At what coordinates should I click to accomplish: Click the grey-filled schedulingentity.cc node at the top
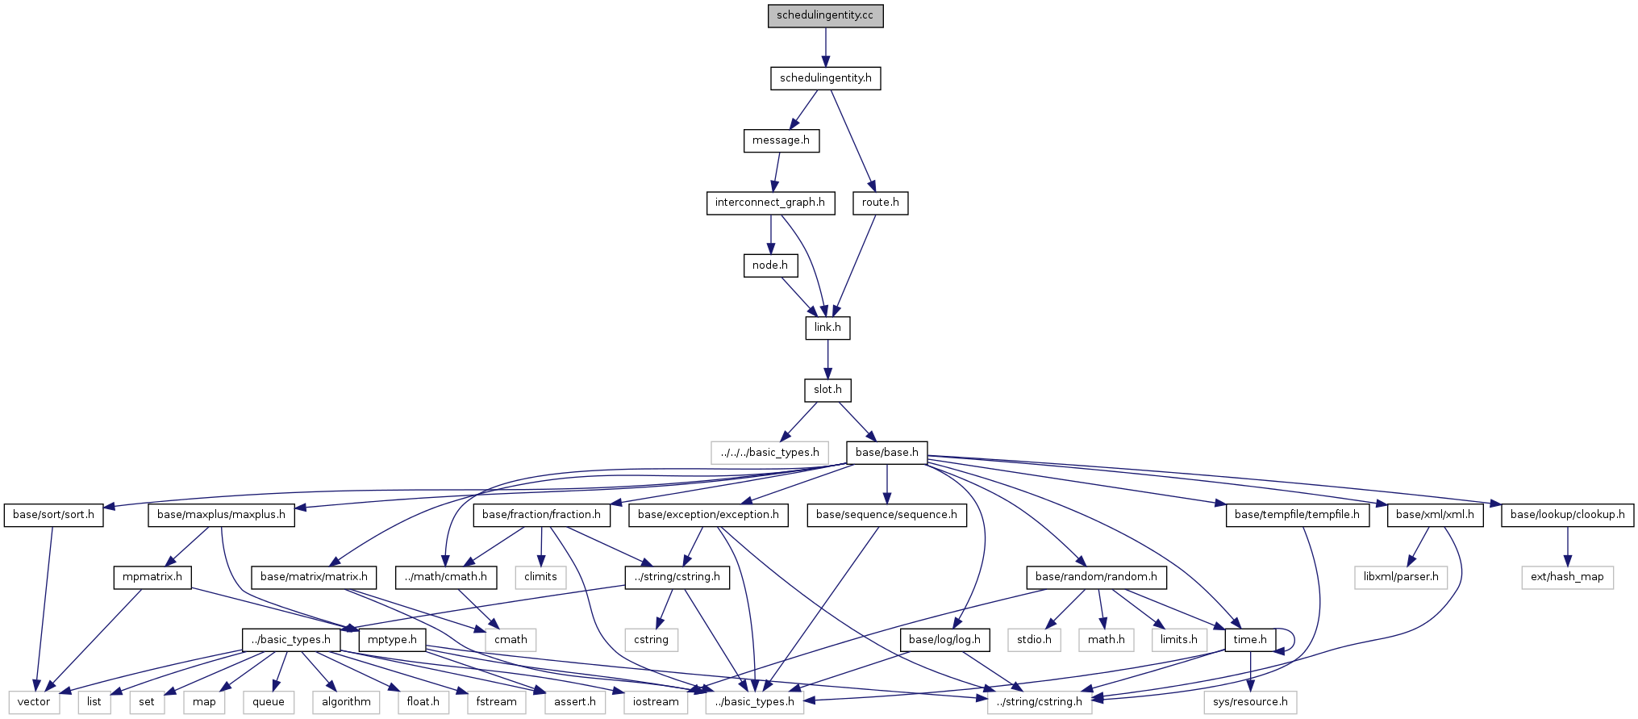pyautogui.click(x=825, y=16)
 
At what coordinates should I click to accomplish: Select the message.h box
pyautogui.click(x=781, y=140)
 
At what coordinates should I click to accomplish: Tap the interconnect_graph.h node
pyautogui.click(x=769, y=203)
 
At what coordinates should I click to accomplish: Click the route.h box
pyautogui.click(x=880, y=203)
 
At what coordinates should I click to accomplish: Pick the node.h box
pyautogui.click(x=770, y=265)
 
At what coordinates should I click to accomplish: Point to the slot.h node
pyautogui.click(x=827, y=390)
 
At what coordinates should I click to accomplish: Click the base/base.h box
pyautogui.click(x=886, y=453)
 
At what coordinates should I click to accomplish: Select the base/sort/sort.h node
pyautogui.click(x=53, y=515)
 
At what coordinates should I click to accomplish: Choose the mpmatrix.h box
pyautogui.click(x=152, y=577)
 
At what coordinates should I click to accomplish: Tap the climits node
pyautogui.click(x=540, y=577)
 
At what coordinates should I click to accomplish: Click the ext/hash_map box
pyautogui.click(x=1567, y=577)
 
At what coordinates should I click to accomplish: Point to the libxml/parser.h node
pyautogui.click(x=1401, y=577)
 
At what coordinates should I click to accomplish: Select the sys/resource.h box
pyautogui.click(x=1250, y=702)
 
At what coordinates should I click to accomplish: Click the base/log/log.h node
pyautogui.click(x=944, y=640)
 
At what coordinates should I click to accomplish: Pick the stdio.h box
pyautogui.click(x=1034, y=640)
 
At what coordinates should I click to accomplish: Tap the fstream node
pyautogui.click(x=496, y=702)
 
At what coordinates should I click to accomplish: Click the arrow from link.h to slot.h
pyautogui.click(x=827, y=359)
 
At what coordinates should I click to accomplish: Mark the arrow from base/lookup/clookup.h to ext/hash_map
pyautogui.click(x=1567, y=546)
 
